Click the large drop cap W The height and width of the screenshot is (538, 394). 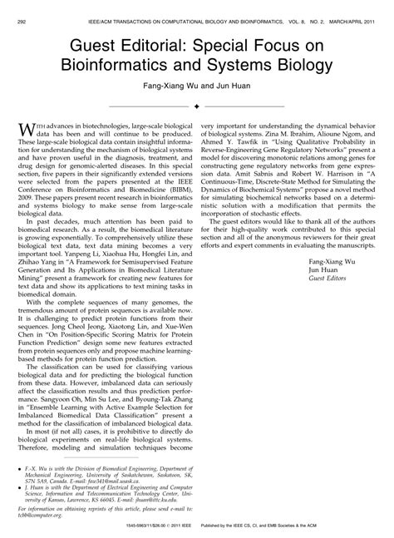[x=26, y=126]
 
